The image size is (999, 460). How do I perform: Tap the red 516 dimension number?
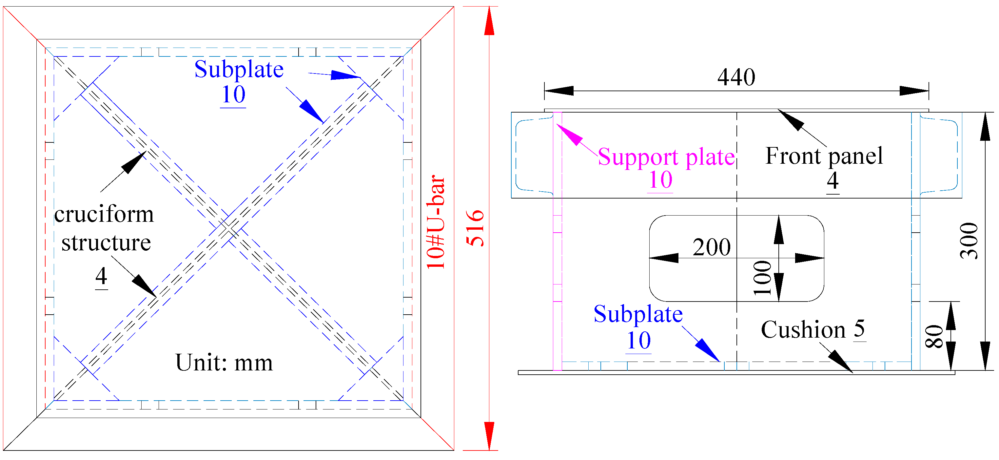tap(475, 228)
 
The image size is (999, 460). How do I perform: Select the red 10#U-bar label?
tap(436, 222)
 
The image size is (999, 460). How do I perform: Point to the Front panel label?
tap(824, 156)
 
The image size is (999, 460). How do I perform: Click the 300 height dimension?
tap(969, 241)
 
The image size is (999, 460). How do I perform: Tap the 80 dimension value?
tap(934, 336)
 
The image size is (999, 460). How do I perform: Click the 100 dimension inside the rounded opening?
tap(762, 278)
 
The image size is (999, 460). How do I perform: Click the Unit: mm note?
tap(224, 363)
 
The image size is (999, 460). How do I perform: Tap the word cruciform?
tap(104, 214)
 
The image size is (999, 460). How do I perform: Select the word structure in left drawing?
tap(106, 243)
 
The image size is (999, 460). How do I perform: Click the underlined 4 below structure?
tap(101, 276)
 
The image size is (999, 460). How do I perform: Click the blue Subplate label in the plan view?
tap(239, 70)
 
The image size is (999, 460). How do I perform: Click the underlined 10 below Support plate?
tap(660, 180)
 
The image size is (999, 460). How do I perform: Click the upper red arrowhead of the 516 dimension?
tap(489, 21)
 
